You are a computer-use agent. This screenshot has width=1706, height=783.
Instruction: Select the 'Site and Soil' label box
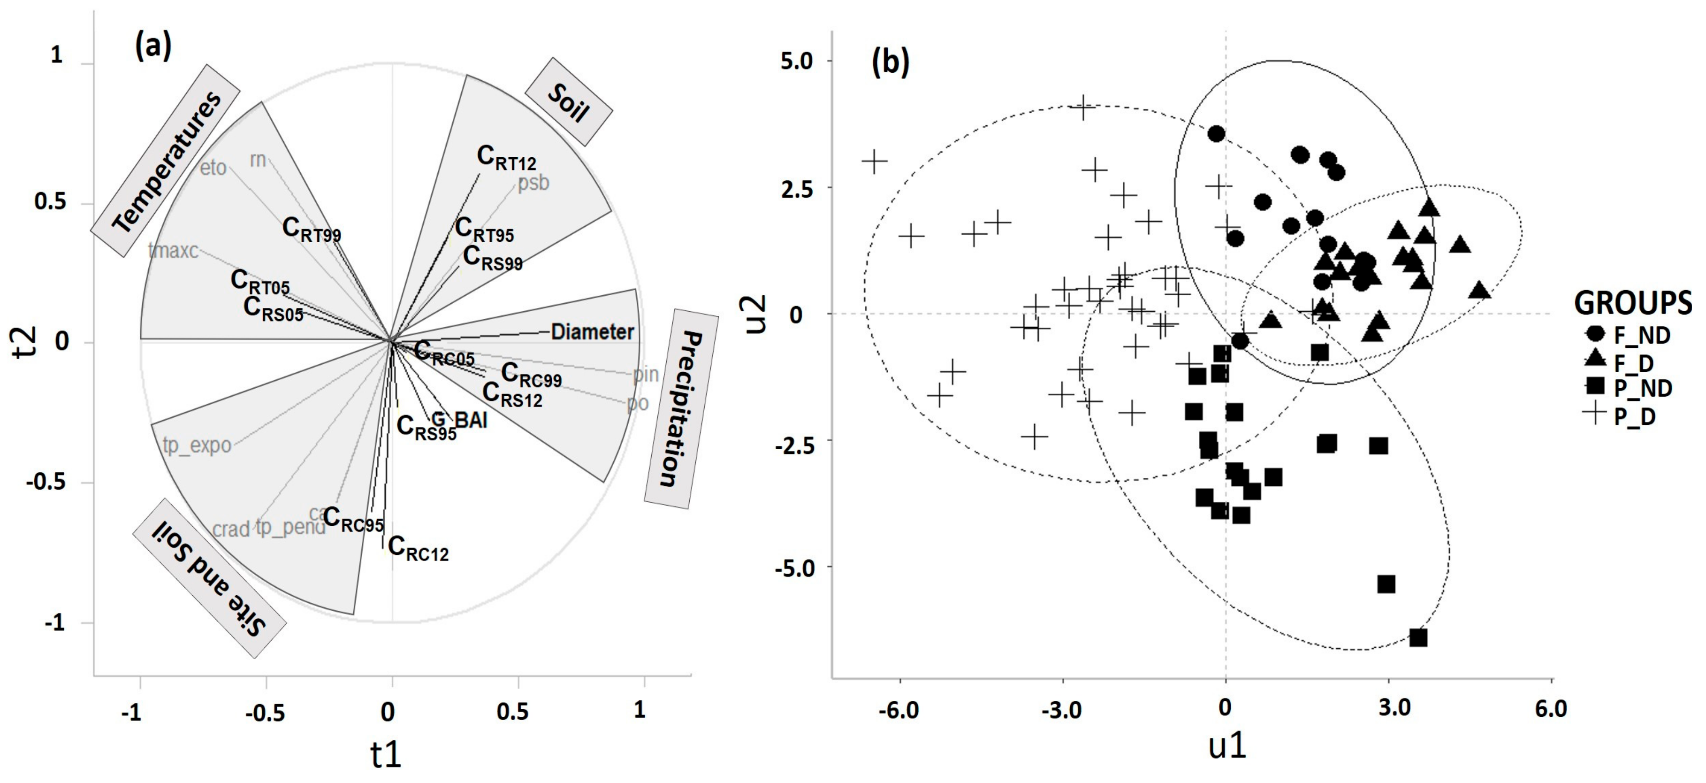coord(209,578)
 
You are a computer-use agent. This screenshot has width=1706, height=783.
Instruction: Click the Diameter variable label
coord(592,331)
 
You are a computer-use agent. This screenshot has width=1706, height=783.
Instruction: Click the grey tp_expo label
coord(197,445)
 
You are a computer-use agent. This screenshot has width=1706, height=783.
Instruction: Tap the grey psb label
coord(533,182)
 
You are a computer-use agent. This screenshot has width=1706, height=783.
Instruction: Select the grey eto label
coord(213,168)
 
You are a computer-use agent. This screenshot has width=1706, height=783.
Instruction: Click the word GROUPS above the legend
coord(1632,303)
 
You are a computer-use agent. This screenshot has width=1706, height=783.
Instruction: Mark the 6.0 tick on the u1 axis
coord(1550,709)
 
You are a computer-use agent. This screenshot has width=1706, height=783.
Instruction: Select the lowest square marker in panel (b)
coord(1418,637)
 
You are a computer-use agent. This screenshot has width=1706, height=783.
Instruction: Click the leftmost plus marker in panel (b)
coord(874,161)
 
